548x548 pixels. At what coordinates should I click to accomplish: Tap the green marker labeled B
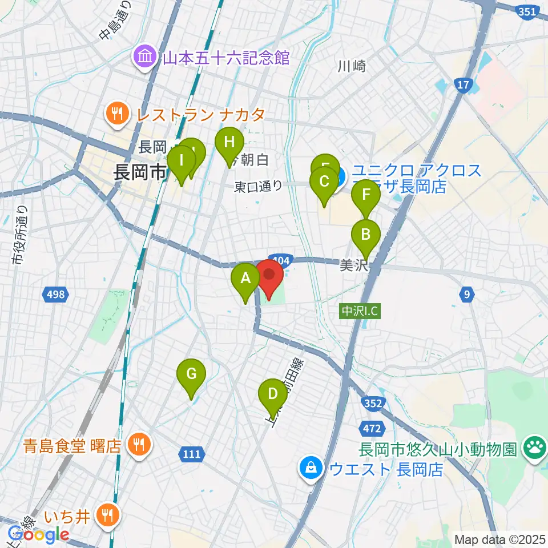click(365, 235)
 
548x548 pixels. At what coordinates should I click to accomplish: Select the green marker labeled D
click(272, 394)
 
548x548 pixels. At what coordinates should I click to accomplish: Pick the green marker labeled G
click(191, 375)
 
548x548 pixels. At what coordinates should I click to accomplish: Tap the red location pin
click(269, 274)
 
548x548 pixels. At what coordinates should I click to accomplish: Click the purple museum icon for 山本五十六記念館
click(143, 57)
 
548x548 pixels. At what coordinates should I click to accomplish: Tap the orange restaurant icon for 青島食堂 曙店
click(138, 445)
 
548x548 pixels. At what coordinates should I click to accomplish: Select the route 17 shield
click(462, 86)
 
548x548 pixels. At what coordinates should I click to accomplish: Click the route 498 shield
click(56, 295)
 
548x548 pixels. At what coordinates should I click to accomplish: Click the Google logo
click(38, 535)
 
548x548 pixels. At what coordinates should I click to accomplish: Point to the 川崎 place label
click(351, 66)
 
